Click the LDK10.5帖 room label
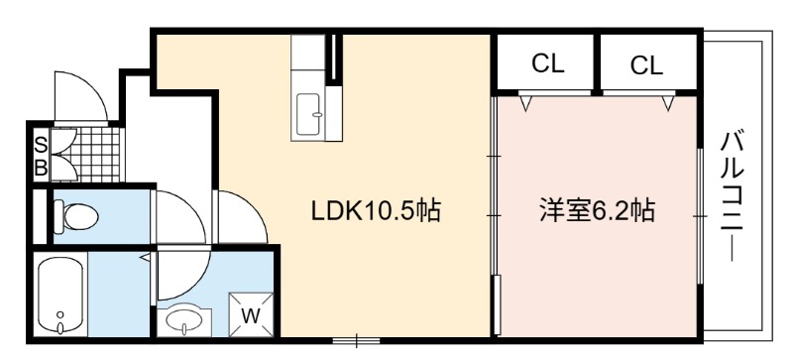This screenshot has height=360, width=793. [376, 211]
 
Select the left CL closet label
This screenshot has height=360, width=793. [548, 63]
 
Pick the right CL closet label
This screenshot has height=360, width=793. [646, 65]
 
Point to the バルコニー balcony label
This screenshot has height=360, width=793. [732, 196]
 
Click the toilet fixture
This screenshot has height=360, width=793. [75, 217]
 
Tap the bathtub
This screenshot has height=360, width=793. [60, 295]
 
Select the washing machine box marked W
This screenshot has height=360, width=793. [251, 314]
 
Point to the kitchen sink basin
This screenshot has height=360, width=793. [308, 114]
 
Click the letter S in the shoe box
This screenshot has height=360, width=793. [41, 146]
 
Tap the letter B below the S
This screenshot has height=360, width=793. [41, 168]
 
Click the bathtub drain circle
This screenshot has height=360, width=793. [60, 314]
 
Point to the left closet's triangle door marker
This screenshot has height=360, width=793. [526, 103]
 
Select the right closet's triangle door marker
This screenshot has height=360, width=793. [668, 103]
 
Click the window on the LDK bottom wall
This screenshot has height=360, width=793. [356, 340]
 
